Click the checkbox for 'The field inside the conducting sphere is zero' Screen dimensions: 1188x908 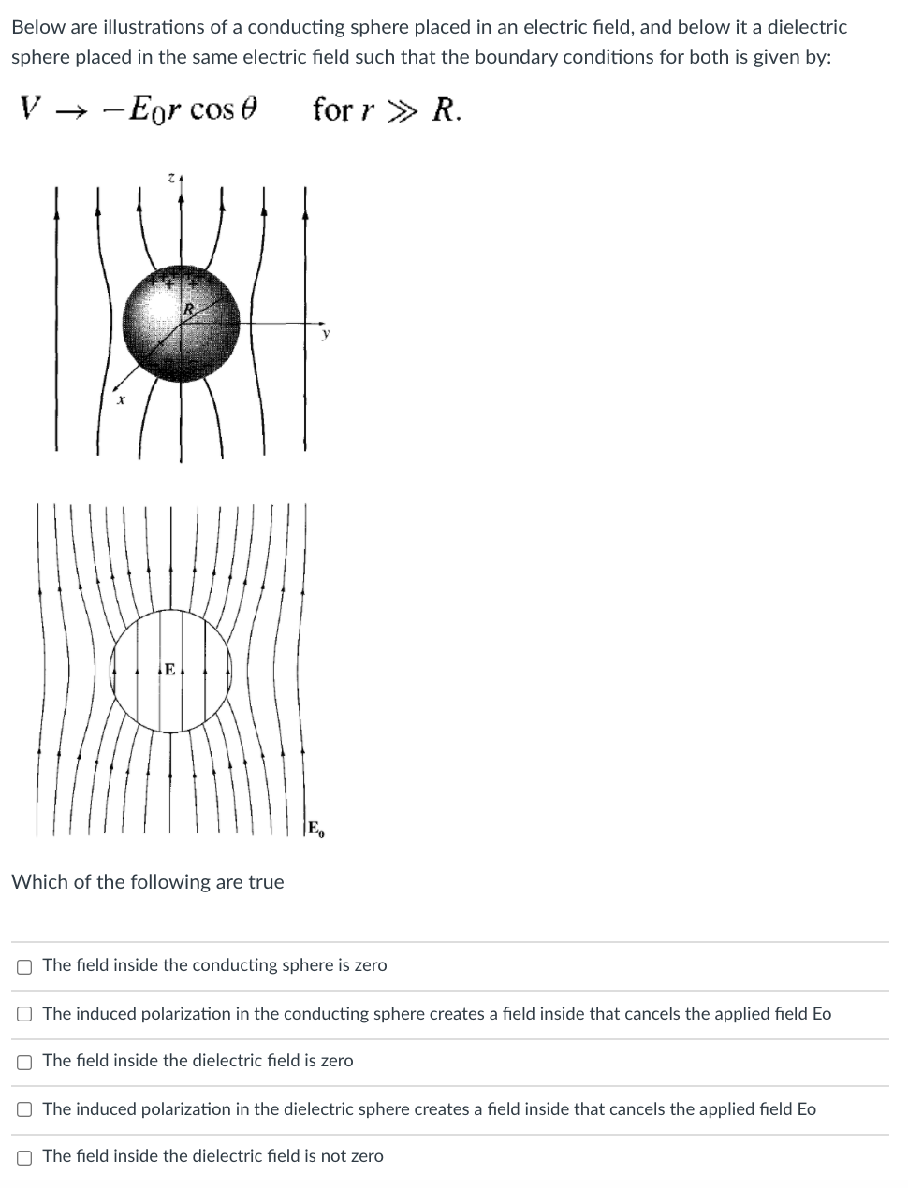[24, 966]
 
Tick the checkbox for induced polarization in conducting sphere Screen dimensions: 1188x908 [24, 1015]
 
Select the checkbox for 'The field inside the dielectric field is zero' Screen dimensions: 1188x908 [24, 1062]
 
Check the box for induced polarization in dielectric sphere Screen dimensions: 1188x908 [24, 1110]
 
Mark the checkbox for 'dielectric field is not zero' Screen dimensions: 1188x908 [24, 1157]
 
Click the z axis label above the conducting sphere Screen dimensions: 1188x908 [171, 177]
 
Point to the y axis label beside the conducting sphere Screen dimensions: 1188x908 [326, 333]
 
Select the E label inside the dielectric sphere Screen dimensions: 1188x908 [169, 669]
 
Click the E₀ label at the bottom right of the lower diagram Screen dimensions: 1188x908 [315, 828]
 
